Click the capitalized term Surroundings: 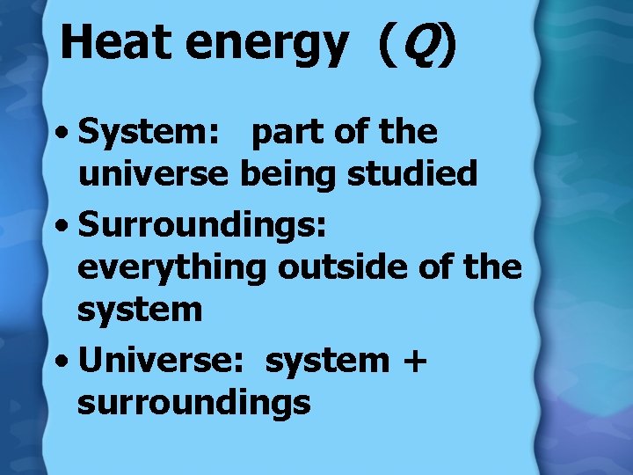coord(203,224)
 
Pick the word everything coord(171,267)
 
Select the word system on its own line coord(140,311)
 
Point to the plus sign coord(412,360)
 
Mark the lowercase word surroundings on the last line coord(194,402)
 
